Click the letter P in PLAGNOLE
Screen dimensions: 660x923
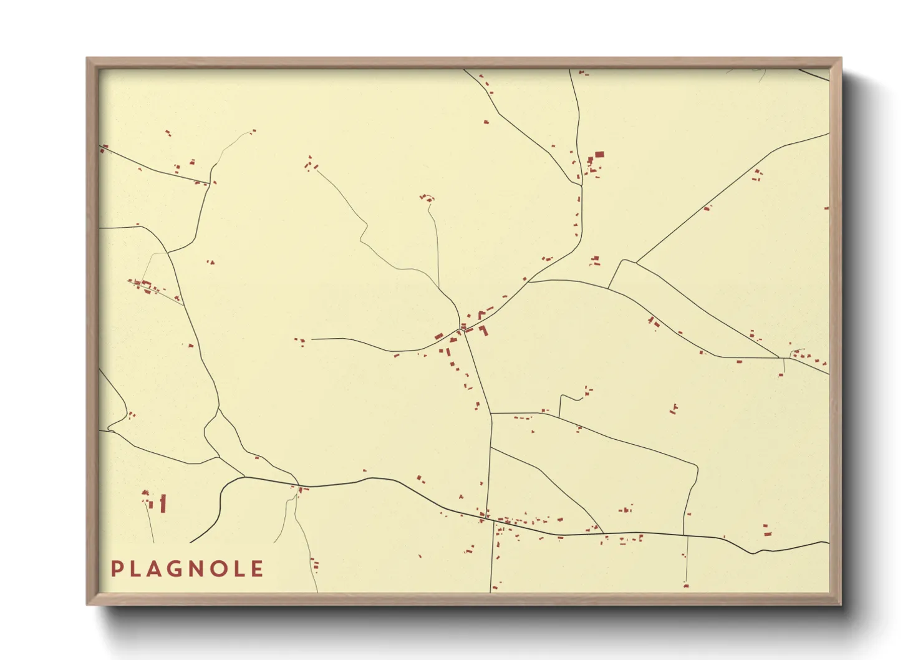117,569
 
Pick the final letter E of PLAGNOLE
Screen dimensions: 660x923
257,569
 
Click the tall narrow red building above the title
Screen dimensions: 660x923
163,503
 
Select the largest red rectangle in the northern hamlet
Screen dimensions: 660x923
599,154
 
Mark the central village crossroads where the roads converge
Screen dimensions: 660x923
463,328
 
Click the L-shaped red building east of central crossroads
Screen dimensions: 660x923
483,330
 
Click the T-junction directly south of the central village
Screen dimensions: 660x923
491,413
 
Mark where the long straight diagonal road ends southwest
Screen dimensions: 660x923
636,261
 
